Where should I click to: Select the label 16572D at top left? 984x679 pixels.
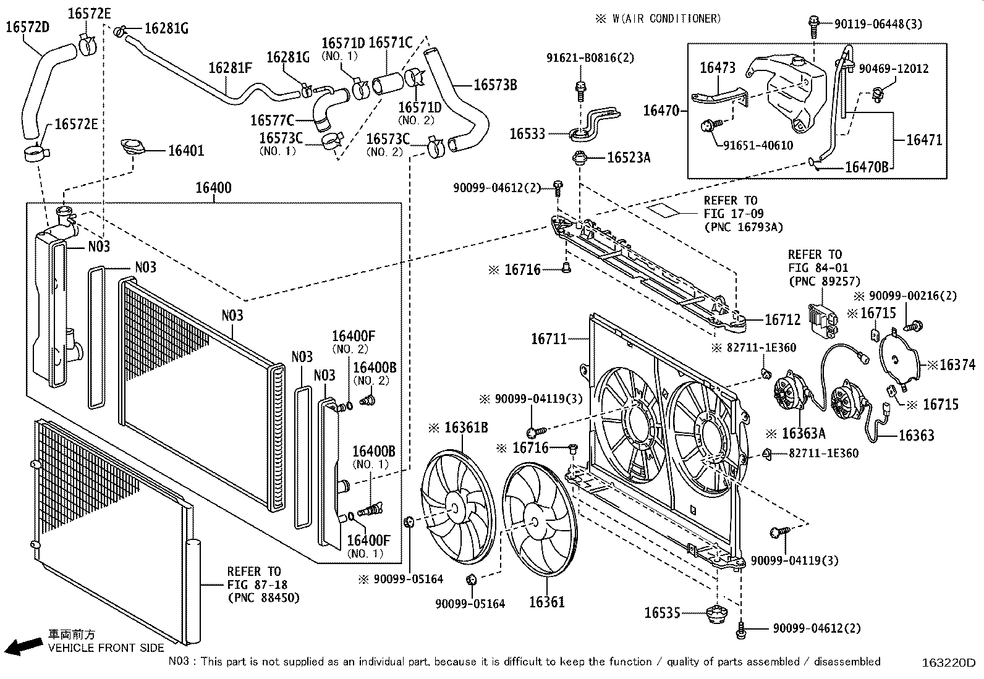[28, 27]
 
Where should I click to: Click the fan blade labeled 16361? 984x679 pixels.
[537, 520]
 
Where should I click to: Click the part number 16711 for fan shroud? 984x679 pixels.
[548, 339]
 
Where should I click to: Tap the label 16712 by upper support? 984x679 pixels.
[782, 319]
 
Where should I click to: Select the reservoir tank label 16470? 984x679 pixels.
[661, 111]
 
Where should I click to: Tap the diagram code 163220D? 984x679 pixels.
[948, 663]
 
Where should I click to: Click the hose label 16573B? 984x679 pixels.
[495, 85]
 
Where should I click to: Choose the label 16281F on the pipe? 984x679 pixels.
[230, 67]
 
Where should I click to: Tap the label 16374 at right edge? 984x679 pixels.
[957, 365]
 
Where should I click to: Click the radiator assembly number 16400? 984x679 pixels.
[213, 187]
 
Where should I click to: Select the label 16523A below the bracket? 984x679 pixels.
[628, 158]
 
